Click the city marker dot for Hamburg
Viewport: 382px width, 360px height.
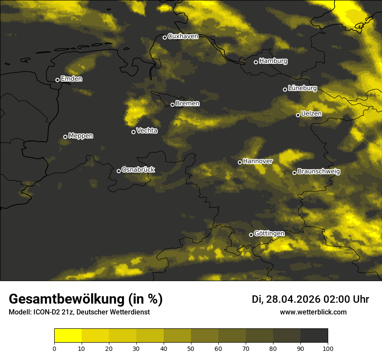(256, 62)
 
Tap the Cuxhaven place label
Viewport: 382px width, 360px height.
(183, 36)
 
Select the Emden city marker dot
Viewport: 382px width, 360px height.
(57, 80)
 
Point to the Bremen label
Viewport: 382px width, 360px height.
(188, 104)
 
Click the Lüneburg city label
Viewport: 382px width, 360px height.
(302, 88)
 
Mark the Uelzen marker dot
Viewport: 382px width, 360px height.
(298, 115)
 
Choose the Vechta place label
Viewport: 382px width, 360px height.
(147, 131)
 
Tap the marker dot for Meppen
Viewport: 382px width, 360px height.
(65, 137)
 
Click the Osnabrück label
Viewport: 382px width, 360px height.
(138, 170)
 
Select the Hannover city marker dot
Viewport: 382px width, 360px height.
(240, 162)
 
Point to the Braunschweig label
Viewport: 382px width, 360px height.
(319, 171)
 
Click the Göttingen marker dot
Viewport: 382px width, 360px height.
(251, 235)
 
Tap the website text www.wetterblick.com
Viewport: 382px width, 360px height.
(313, 312)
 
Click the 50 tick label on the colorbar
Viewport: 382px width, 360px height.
(191, 348)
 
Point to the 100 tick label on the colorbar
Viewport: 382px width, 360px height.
(328, 348)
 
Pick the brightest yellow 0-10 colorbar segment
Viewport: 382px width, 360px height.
(68, 336)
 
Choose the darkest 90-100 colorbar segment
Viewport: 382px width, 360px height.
(314, 336)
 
